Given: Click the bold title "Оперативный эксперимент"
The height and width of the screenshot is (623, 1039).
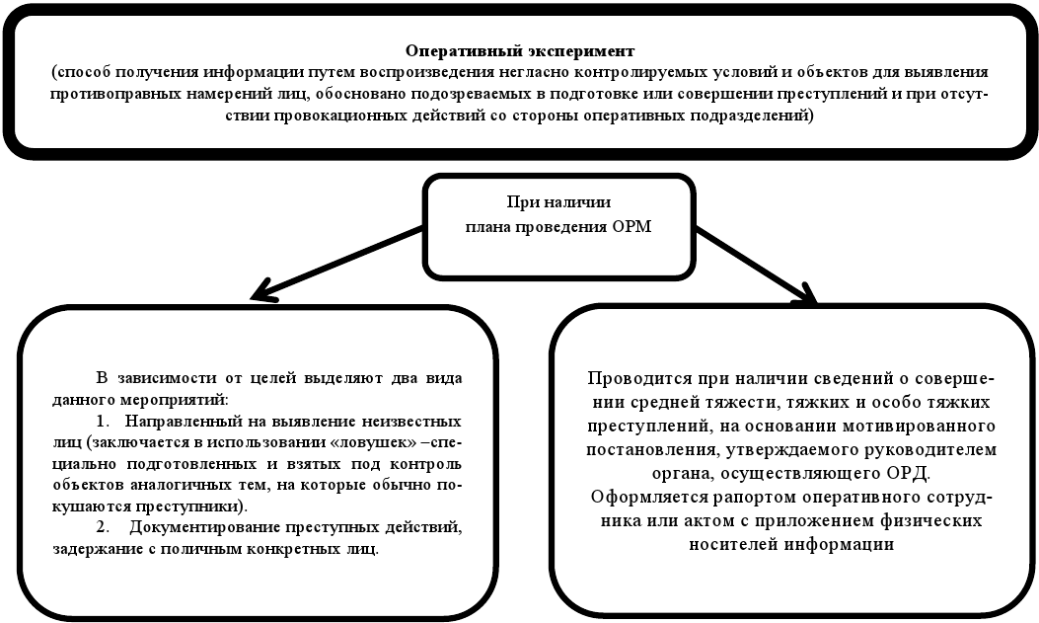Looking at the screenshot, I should point(519,49).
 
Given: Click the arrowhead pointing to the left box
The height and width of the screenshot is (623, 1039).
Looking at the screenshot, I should point(261,292).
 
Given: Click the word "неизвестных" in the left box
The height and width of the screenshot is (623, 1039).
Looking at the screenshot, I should point(410,419).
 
